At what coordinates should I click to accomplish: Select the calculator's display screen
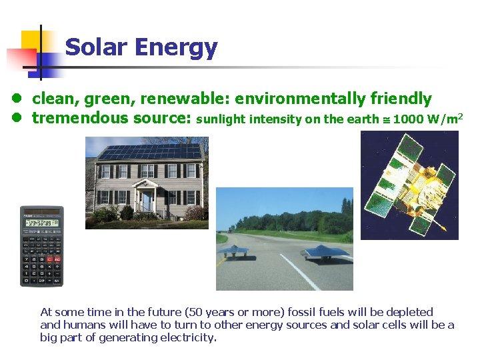(41, 222)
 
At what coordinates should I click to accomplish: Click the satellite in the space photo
(408, 183)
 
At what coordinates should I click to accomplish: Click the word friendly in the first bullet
(401, 99)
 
